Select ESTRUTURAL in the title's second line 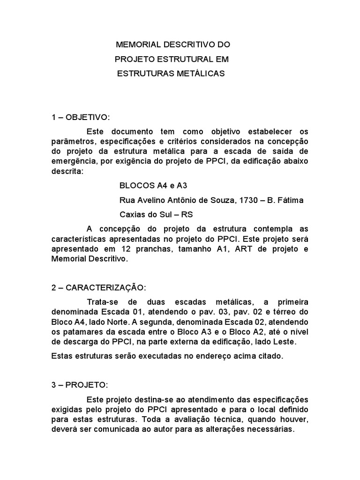tap(182, 60)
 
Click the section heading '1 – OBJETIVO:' tap(81, 117)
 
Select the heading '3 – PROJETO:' tap(80, 385)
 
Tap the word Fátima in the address tap(292, 200)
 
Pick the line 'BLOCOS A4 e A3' tap(149, 185)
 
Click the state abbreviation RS tap(186, 215)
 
